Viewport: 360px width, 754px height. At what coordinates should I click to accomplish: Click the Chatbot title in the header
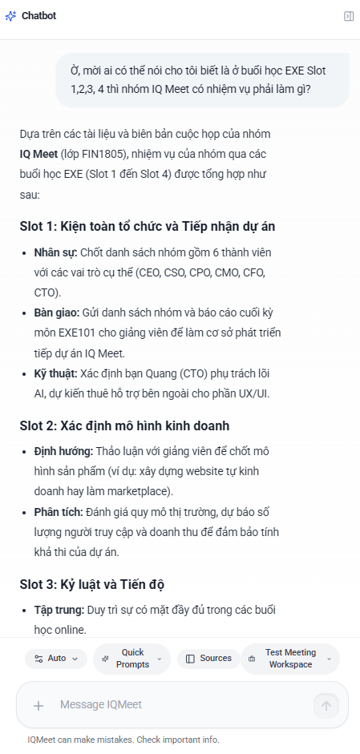tap(38, 16)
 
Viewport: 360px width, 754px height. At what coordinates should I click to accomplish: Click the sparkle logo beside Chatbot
tap(10, 16)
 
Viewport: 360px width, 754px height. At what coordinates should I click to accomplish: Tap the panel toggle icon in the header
tap(349, 16)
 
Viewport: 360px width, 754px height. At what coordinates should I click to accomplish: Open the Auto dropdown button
tap(56, 659)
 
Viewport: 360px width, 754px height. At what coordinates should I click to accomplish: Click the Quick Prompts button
tap(131, 659)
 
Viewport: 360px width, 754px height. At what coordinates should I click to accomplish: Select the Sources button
tap(208, 659)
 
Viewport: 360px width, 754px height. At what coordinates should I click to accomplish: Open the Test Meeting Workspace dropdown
tap(290, 659)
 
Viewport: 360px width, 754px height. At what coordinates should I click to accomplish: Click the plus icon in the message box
tap(38, 705)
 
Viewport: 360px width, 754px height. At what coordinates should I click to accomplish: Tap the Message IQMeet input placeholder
tap(101, 705)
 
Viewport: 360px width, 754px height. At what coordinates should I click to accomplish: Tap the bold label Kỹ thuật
tap(55, 373)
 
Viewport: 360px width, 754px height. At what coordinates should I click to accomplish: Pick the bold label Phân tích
tap(57, 511)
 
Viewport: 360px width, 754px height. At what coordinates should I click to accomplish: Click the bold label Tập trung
tap(59, 610)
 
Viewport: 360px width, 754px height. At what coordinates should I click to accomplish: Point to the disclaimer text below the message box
tap(123, 740)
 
